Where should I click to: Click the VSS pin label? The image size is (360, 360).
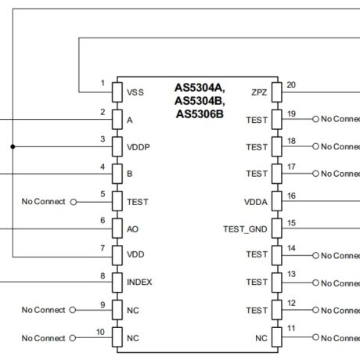click(135, 92)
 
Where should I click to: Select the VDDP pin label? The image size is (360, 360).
click(139, 146)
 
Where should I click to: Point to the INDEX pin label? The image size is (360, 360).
click(140, 281)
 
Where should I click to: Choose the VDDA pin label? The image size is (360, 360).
click(255, 201)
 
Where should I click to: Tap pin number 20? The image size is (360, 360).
click(290, 85)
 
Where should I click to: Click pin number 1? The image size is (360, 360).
click(103, 84)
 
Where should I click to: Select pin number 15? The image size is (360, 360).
click(290, 222)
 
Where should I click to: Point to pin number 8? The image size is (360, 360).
click(103, 275)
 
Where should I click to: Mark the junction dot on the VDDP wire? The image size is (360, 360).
click(13, 146)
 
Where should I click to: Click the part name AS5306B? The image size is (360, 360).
click(200, 114)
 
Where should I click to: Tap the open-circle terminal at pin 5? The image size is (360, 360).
click(74, 201)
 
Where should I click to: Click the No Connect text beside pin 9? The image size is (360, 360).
click(43, 309)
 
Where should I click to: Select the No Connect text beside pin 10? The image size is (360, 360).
click(43, 337)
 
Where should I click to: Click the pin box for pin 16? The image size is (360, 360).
click(275, 201)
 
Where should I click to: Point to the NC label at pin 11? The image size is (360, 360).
click(261, 337)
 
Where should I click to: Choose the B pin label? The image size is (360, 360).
click(129, 174)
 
